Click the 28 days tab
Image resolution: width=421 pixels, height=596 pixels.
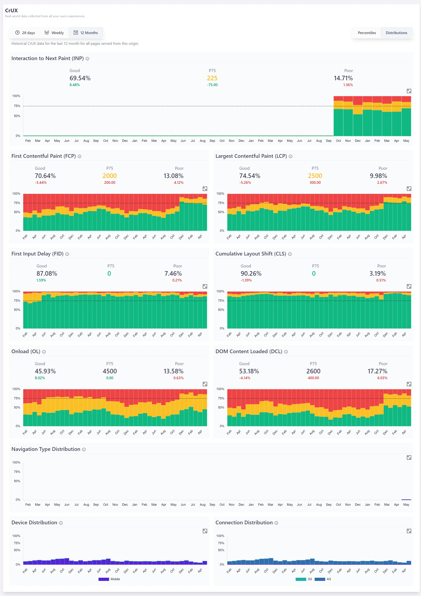(25, 33)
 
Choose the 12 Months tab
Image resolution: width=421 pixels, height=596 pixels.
(86, 33)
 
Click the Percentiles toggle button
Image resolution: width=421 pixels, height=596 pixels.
(367, 33)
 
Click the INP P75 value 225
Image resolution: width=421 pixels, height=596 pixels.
(212, 78)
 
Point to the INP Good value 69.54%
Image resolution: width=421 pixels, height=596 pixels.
(80, 78)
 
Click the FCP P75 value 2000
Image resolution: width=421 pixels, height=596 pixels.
(110, 176)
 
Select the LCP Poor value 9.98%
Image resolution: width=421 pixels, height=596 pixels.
(378, 176)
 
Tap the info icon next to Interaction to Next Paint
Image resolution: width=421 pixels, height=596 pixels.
(87, 59)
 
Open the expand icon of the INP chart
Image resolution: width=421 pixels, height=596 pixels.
(409, 91)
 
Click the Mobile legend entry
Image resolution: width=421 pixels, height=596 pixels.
(109, 579)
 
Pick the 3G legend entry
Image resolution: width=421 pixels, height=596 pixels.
(304, 579)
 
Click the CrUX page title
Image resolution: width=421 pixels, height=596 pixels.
(11, 10)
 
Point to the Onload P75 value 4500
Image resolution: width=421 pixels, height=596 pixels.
(110, 371)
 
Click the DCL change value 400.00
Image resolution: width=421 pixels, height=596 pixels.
(313, 378)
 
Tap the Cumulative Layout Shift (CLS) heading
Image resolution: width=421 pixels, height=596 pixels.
(251, 254)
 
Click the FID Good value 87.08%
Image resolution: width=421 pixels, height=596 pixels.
(47, 273)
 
